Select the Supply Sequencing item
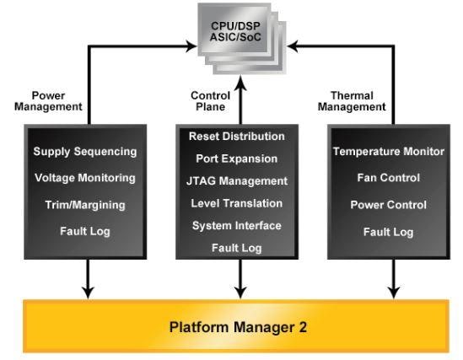coord(84,152)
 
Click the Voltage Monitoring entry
coord(84,178)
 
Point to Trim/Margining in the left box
coord(84,204)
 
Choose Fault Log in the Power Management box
coord(84,230)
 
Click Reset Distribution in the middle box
coord(237,136)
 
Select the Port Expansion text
coord(237,159)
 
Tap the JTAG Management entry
coord(237,180)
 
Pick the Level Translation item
coord(237,203)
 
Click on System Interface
coord(237,225)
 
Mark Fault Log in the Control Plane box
coord(237,248)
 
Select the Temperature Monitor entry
coord(388,152)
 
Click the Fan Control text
coord(388,178)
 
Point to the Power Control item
coord(388,205)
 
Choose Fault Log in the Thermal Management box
coord(388,231)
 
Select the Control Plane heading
coord(210,101)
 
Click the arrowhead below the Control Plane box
coord(240,292)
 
